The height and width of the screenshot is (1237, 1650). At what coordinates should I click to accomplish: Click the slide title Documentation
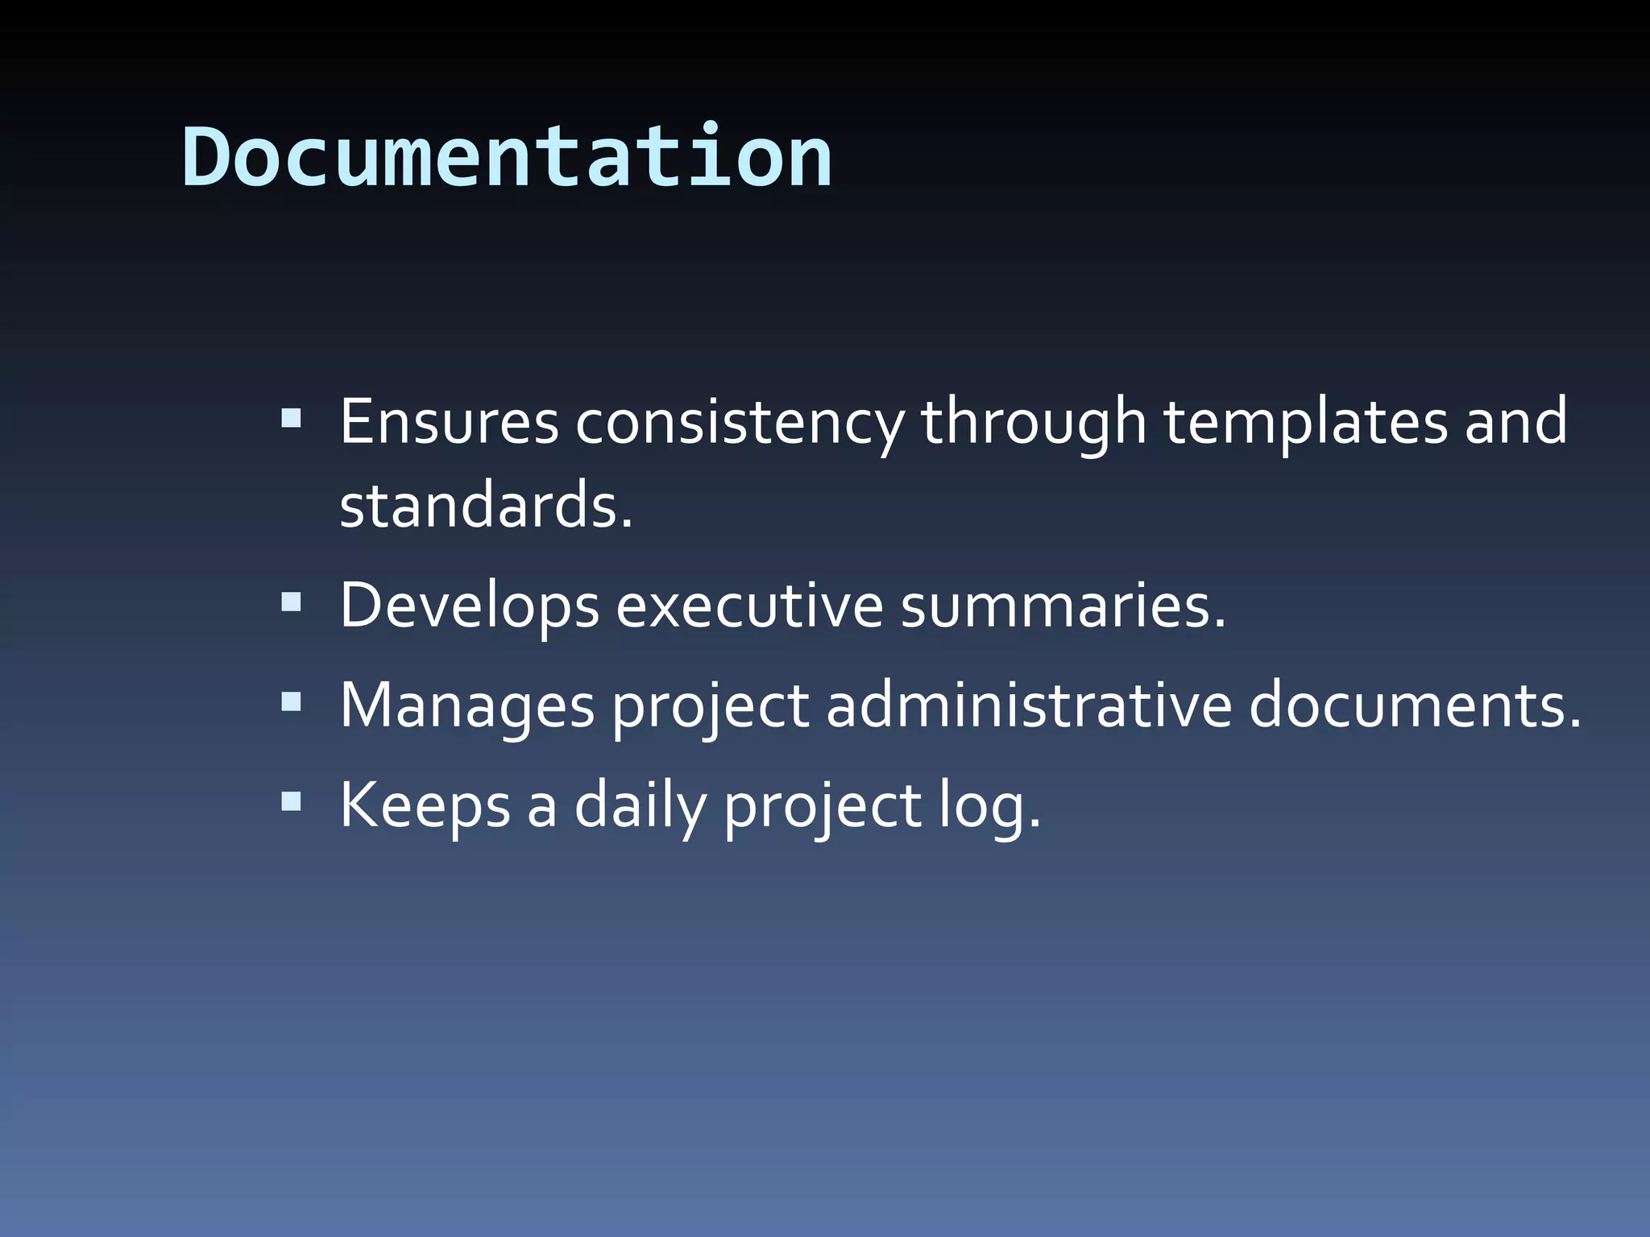click(508, 157)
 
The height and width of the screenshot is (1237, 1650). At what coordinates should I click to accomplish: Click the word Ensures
click(449, 421)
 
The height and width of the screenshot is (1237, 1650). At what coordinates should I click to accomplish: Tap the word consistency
click(740, 423)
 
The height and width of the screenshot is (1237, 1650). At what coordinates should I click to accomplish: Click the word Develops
click(470, 606)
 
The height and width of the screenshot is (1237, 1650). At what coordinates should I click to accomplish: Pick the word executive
click(749, 606)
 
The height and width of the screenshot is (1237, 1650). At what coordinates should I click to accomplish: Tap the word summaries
click(1063, 606)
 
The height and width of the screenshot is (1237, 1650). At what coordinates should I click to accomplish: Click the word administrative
click(1029, 705)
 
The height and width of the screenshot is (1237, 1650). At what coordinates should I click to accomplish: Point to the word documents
click(1415, 705)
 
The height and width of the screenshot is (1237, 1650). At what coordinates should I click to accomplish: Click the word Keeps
click(425, 805)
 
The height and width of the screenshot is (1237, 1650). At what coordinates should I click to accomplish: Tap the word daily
click(640, 805)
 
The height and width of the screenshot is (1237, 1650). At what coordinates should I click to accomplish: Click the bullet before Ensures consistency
click(292, 418)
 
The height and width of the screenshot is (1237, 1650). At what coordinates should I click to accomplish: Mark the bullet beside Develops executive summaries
click(292, 601)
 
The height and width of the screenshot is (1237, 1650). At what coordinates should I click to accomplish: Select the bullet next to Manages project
click(292, 701)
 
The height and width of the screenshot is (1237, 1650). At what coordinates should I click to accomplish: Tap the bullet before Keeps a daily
click(292, 801)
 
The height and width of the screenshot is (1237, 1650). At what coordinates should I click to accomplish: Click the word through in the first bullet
click(1033, 423)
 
